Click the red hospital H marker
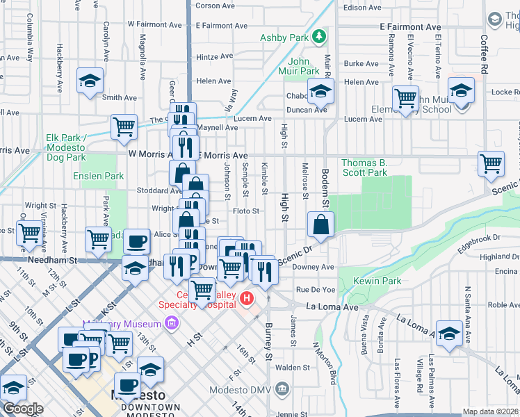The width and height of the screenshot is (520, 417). tap(246, 299)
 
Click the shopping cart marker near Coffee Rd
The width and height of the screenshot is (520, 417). tap(491, 164)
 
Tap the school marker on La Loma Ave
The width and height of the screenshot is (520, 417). tap(449, 334)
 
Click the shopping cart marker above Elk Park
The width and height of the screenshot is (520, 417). tap(124, 126)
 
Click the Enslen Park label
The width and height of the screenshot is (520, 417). tap(99, 177)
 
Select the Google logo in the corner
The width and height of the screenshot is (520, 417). tap(23, 409)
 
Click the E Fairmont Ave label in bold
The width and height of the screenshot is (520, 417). tap(410, 26)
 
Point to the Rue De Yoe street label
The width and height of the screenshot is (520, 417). tap(316, 289)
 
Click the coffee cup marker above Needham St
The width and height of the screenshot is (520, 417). tap(137, 241)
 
